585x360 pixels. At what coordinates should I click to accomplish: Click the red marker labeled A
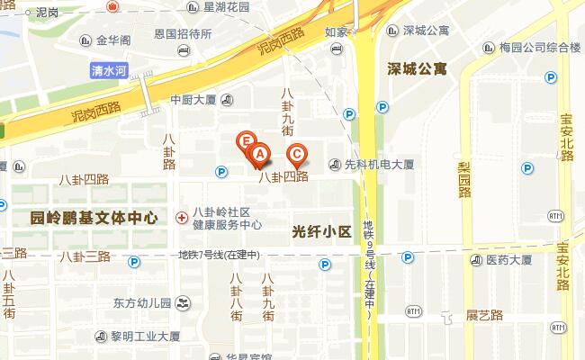[x=259, y=155]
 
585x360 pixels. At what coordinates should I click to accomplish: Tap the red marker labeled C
[x=294, y=153]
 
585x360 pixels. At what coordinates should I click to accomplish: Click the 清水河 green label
[x=110, y=68]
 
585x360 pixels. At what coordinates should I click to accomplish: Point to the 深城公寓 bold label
[x=418, y=68]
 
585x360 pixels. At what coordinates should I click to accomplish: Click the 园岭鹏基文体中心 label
[x=94, y=218]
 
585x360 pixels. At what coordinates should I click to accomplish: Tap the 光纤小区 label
[x=321, y=232]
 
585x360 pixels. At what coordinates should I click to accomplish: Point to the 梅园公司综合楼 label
[x=539, y=46]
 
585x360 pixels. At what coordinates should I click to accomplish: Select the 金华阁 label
[x=113, y=40]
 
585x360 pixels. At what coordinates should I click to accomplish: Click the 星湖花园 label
[x=226, y=7]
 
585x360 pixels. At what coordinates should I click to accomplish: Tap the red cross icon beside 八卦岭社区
[x=182, y=217]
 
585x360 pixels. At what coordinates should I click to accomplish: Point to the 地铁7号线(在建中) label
[x=219, y=255]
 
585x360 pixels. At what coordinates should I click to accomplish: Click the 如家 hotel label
[x=336, y=32]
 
